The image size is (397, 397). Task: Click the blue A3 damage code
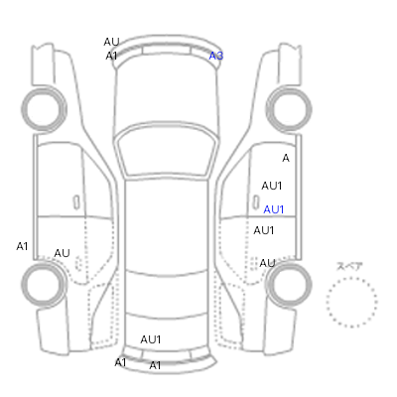[x=216, y=56]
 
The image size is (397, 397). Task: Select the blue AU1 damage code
[x=274, y=209]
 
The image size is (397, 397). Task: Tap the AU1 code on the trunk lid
[x=151, y=339]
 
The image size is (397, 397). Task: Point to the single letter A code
[x=286, y=158]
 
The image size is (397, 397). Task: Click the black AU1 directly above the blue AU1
[x=272, y=186]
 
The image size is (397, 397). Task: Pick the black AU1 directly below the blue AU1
[x=264, y=230]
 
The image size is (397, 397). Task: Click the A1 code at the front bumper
[x=111, y=57]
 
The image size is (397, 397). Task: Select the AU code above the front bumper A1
[x=111, y=42]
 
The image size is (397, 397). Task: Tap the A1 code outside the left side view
[x=22, y=246]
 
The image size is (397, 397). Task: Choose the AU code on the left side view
[x=62, y=253]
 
